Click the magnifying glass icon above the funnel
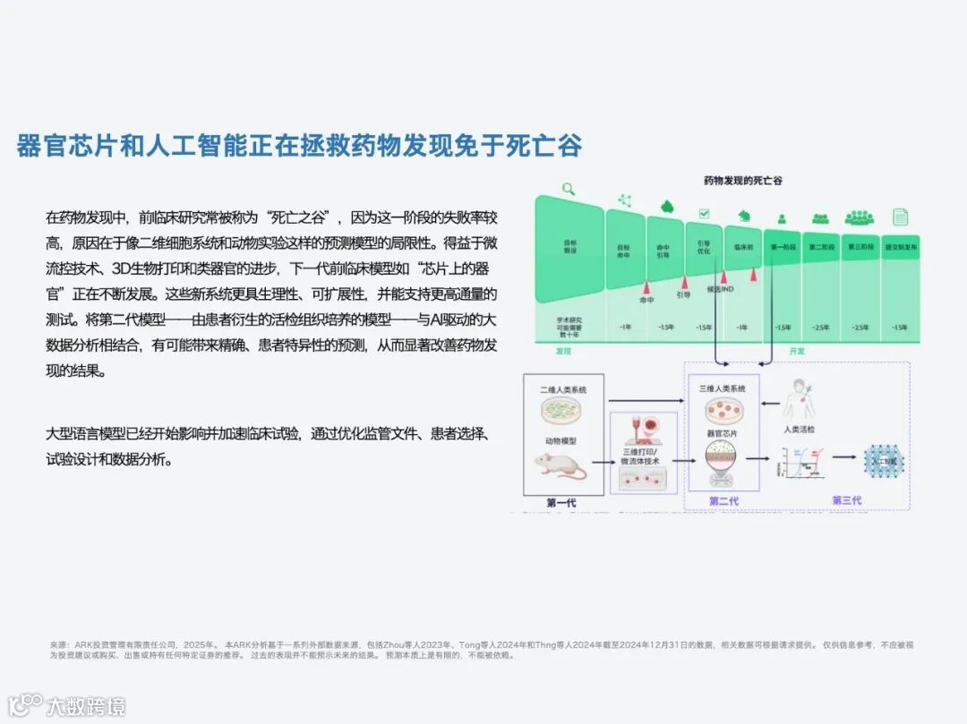[568, 189]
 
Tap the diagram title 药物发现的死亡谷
[743, 180]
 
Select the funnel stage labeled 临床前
[742, 246]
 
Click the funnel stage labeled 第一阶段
[782, 246]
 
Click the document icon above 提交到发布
[900, 217]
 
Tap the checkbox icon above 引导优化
[704, 215]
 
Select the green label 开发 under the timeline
[796, 351]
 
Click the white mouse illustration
[560, 465]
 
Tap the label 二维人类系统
[563, 391]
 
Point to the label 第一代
[561, 502]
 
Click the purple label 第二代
[723, 501]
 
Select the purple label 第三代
[846, 500]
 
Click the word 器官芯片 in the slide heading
[66, 145]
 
